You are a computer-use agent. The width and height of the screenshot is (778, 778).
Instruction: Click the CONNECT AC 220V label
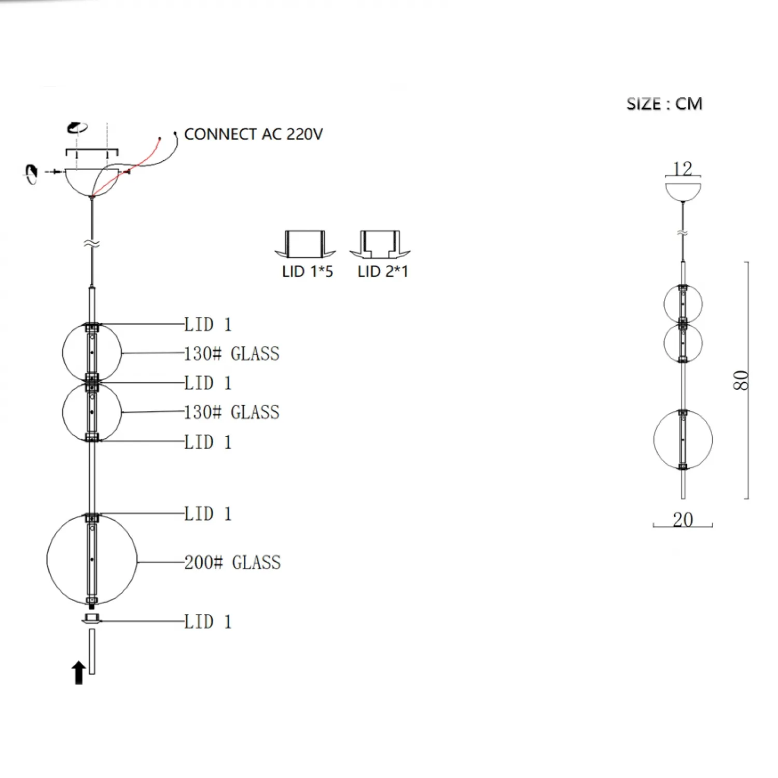(253, 134)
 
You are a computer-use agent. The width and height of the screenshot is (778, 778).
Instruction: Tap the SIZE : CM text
(664, 104)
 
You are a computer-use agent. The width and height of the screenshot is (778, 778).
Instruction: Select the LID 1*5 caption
(308, 271)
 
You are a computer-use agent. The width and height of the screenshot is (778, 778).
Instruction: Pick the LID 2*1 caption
(383, 271)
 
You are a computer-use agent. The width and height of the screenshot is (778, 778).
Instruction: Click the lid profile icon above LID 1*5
(305, 244)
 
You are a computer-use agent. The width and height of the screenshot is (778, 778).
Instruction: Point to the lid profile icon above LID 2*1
(380, 244)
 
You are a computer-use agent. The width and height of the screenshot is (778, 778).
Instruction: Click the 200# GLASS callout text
(232, 562)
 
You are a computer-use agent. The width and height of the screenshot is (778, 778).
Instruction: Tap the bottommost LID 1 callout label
(208, 621)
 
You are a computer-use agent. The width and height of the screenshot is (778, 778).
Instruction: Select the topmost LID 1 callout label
(208, 325)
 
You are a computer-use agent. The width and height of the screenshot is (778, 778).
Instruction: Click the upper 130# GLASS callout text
(232, 354)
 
